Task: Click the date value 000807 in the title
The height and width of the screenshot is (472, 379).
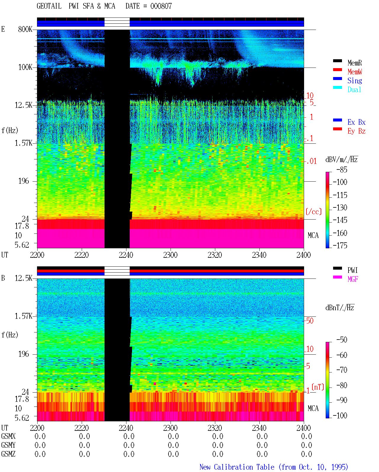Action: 161,6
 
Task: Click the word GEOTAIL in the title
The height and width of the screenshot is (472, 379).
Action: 49,6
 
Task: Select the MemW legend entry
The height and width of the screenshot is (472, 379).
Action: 354,72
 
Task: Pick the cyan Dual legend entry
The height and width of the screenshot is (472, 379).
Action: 354,89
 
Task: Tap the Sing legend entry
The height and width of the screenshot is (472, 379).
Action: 354,81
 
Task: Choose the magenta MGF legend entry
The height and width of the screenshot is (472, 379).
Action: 353,279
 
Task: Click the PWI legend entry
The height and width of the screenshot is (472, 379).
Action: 352,270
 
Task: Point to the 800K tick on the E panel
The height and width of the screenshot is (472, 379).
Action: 25,29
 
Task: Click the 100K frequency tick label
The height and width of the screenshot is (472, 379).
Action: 25,67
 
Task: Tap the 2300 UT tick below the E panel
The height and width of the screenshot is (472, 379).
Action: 170,255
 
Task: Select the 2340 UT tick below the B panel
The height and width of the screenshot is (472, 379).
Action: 259,428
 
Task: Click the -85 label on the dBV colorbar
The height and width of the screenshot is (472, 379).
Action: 342,169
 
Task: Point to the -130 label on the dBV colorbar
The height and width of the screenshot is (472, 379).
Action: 340,207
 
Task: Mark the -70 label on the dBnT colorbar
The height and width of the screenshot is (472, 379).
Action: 342,370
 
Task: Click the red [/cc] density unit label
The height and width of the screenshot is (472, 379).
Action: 314,212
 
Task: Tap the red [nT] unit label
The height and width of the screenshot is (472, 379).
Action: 318,387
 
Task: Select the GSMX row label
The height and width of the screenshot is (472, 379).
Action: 8,436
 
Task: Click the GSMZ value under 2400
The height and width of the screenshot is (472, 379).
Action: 306,454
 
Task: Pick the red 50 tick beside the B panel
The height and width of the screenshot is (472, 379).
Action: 310,321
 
